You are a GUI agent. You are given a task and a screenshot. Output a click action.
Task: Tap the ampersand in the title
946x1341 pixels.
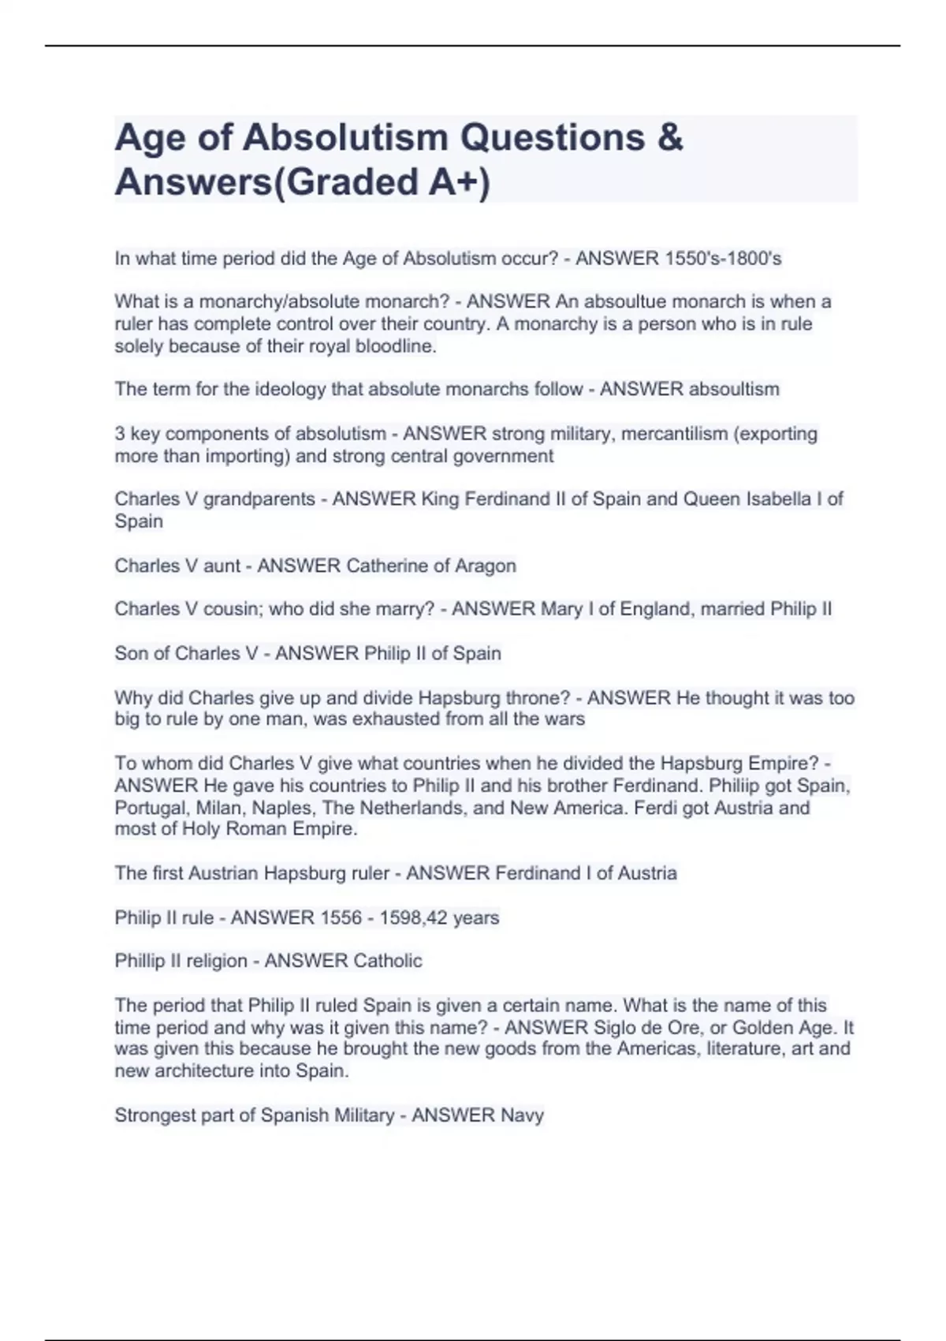tap(669, 137)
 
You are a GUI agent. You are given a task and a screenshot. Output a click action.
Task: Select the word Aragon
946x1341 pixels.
tap(486, 566)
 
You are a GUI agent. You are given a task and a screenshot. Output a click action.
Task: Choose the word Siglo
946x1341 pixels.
tap(618, 1027)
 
